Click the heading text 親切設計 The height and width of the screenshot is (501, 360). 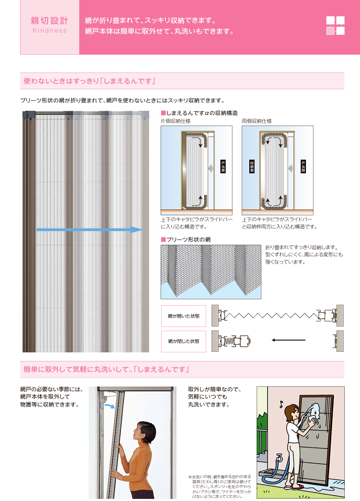click(x=49, y=20)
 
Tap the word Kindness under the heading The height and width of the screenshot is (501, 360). click(x=49, y=30)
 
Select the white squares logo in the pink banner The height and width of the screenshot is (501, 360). click(x=335, y=25)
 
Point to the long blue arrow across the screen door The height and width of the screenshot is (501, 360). click(x=89, y=229)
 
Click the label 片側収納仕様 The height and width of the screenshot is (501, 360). click(x=175, y=121)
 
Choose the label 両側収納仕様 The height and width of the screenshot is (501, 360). click(x=257, y=121)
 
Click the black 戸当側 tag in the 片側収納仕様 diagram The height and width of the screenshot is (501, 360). click(x=223, y=166)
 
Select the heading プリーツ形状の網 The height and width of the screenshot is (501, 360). click(x=188, y=239)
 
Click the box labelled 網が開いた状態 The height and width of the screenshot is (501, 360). click(x=184, y=316)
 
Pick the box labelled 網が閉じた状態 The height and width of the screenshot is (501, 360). click(x=184, y=341)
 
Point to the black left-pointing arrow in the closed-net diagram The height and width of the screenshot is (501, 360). click(x=291, y=339)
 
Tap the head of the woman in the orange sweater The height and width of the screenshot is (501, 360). click(x=145, y=432)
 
